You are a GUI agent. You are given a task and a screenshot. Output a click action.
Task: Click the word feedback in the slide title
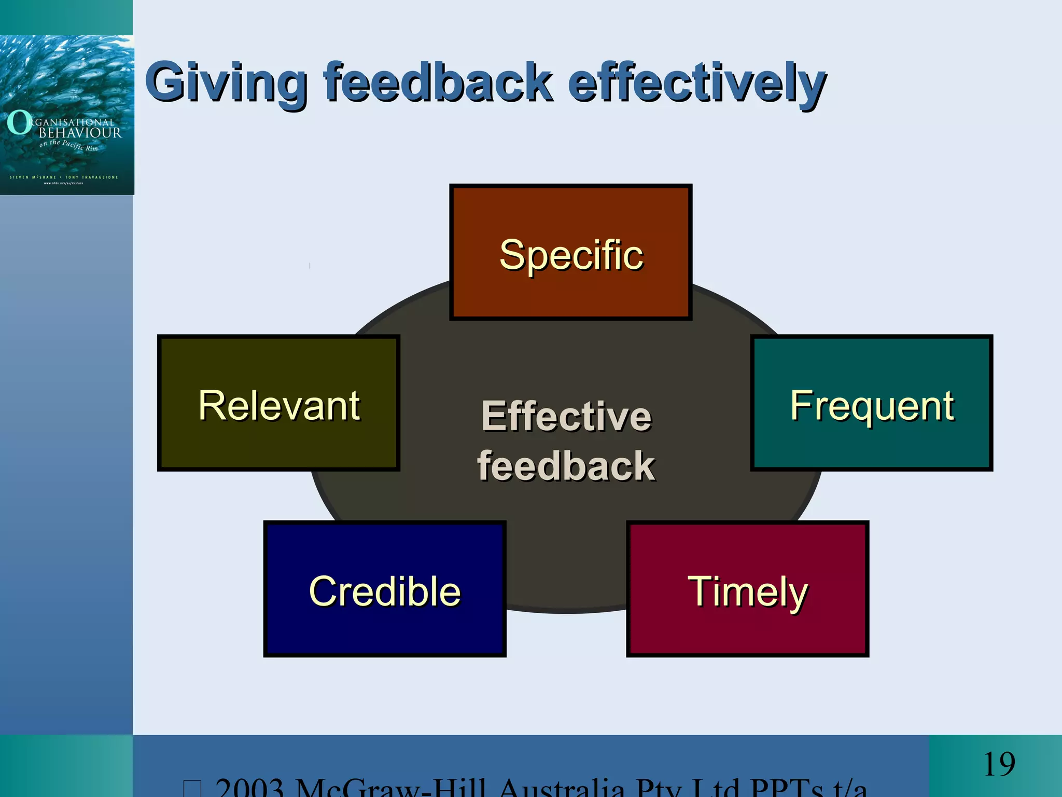pos(438,82)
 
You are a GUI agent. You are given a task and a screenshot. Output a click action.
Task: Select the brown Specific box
pos(570,253)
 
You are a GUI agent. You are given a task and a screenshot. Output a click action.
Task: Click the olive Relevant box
pos(278,404)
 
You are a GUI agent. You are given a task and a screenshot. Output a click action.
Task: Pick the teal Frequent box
pos(871,404)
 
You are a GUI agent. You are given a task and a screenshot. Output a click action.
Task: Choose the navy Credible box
pos(384,589)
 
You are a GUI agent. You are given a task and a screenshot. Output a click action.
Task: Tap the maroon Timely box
pos(747,589)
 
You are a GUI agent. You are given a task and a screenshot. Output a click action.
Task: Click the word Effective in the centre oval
pos(566,416)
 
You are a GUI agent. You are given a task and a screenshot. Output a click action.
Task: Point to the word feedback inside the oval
pos(566,466)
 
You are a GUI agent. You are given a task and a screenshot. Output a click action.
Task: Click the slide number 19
pos(999,764)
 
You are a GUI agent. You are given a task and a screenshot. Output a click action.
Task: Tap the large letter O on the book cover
pos(19,123)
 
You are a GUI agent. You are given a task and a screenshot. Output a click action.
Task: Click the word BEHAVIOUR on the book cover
pos(80,133)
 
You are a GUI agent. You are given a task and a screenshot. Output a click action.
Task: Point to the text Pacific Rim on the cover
pos(80,146)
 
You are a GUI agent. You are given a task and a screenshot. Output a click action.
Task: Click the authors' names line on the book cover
pos(64,177)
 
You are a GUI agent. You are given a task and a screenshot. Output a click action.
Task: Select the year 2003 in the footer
pos(249,788)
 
